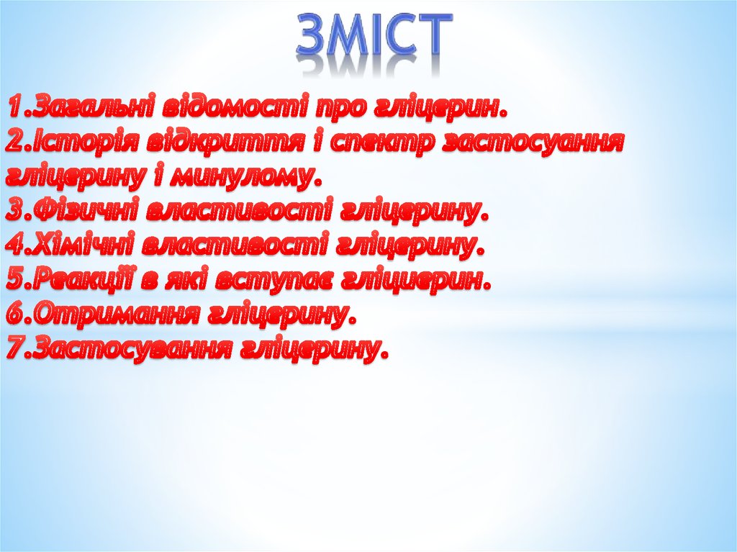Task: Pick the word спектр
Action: pyautogui.click(x=377, y=142)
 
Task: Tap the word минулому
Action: pyautogui.click(x=249, y=176)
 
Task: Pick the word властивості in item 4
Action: pyautogui.click(x=234, y=246)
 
